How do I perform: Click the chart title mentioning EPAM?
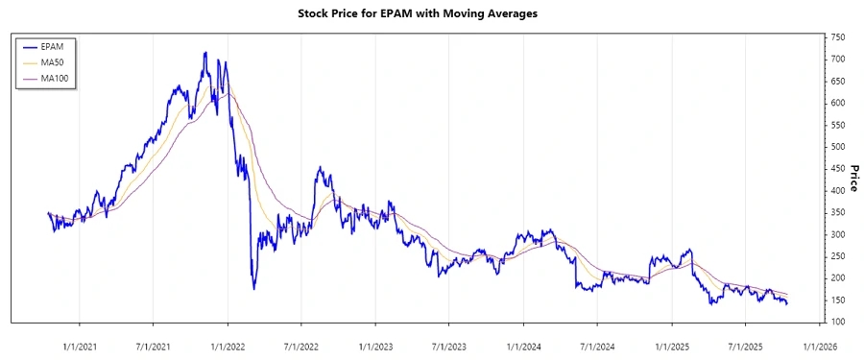tap(431, 14)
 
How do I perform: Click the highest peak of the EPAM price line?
tap(204, 53)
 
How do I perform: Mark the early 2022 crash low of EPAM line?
tap(253, 288)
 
